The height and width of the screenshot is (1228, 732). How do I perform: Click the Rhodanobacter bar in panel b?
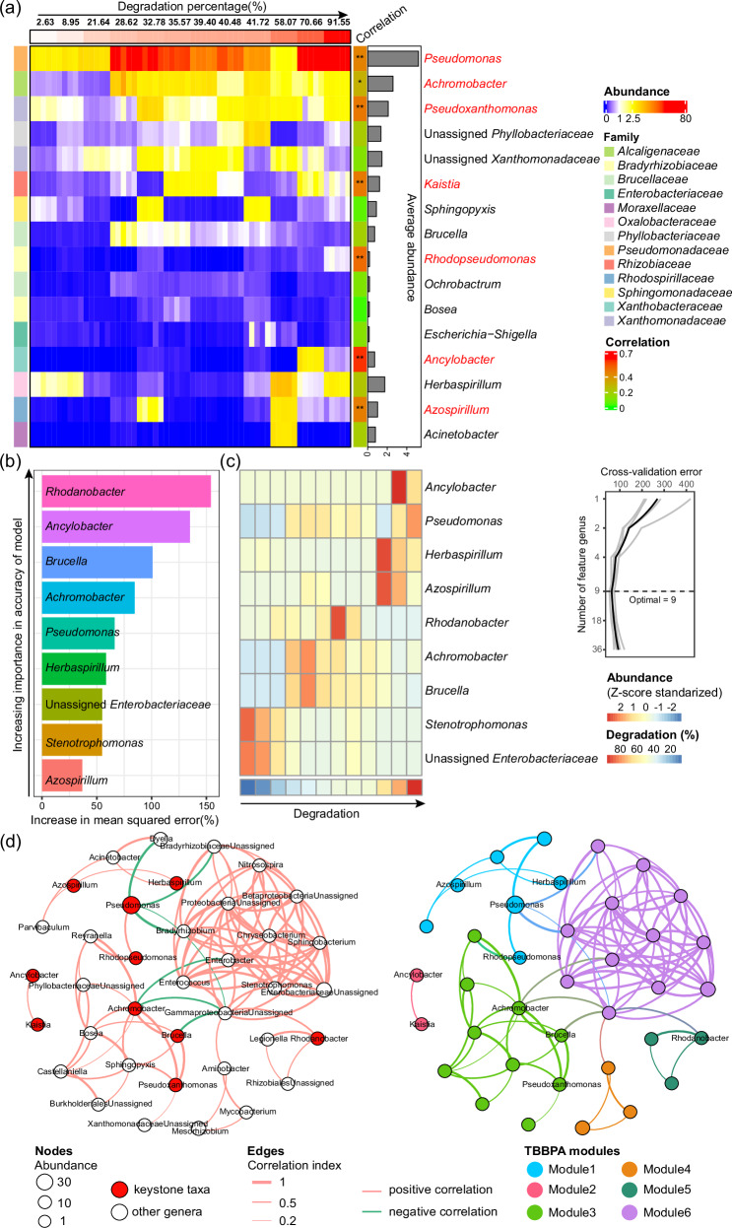(126, 492)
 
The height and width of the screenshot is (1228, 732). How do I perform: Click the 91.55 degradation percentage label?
(337, 20)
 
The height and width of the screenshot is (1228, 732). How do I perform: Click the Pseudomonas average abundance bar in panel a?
(393, 58)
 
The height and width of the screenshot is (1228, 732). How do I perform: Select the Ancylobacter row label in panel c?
(467, 486)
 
